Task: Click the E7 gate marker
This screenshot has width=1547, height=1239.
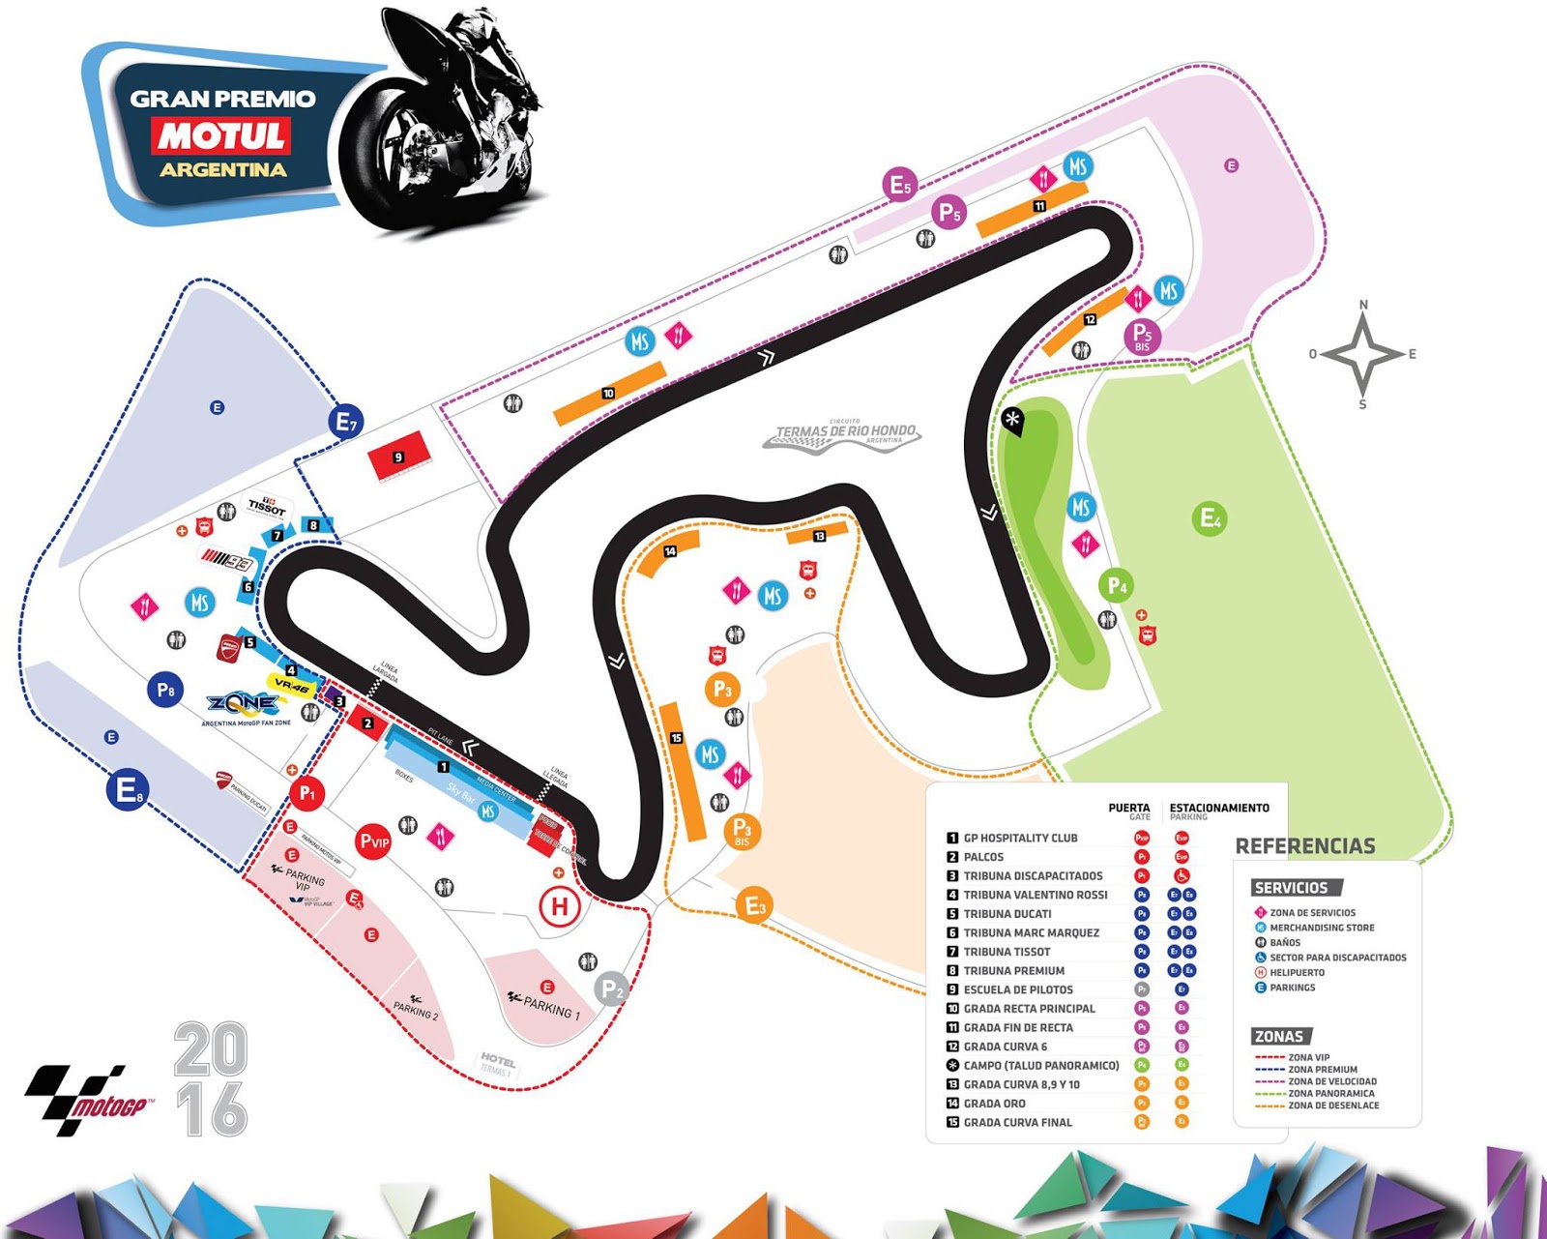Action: click(344, 422)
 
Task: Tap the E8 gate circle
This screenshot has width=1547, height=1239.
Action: click(127, 790)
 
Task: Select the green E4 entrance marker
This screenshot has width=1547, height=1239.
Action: click(1209, 518)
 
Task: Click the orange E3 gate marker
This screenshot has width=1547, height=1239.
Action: click(754, 906)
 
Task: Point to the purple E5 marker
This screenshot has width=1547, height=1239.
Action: click(899, 184)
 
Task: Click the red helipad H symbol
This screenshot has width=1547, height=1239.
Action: click(559, 907)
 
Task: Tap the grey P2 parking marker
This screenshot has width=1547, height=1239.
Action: click(611, 988)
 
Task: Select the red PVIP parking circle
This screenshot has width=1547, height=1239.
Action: click(373, 841)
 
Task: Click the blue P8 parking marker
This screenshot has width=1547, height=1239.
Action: click(165, 691)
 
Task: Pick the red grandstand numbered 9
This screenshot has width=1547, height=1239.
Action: click(397, 457)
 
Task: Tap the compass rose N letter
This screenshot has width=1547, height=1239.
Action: click(1363, 305)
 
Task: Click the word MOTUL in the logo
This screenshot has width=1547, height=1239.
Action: click(221, 136)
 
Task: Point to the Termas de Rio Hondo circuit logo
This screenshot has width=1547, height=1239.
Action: click(843, 434)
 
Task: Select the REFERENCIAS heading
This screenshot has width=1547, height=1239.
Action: click(1304, 846)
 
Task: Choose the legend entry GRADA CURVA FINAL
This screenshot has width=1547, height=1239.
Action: click(1017, 1122)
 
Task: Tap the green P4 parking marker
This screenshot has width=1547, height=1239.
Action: click(1116, 585)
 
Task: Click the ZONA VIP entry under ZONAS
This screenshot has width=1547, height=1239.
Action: click(1308, 1057)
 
